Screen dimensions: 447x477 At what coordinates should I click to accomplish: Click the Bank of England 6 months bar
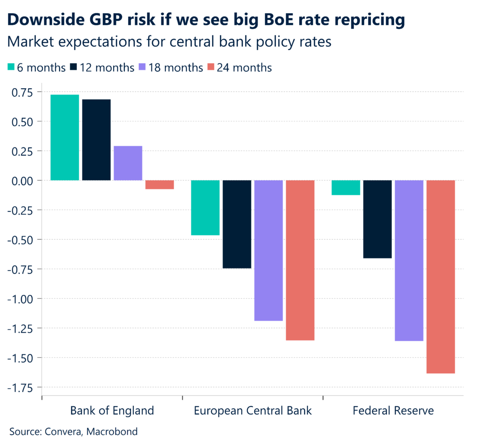point(65,137)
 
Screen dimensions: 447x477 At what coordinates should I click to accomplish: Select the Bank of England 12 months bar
point(96,140)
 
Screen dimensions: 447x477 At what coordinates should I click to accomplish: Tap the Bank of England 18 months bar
point(128,163)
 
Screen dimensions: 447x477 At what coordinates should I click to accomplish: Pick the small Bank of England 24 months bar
point(160,185)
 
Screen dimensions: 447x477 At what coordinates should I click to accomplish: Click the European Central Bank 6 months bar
point(205,208)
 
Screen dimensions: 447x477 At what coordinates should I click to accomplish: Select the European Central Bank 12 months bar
point(237,224)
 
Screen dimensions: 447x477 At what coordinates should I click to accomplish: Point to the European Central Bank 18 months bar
point(269,251)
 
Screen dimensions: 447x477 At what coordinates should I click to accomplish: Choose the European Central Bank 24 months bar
point(300,260)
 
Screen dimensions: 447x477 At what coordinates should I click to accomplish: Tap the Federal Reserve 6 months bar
point(346,188)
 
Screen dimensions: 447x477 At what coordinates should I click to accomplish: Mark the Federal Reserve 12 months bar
point(378,219)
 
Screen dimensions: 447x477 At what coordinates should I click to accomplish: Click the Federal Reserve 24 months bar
point(441,277)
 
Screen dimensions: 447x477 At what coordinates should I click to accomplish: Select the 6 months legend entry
point(37,67)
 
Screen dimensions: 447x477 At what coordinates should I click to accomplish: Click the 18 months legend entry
point(170,67)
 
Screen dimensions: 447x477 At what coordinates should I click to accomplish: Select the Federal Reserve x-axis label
point(393,411)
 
